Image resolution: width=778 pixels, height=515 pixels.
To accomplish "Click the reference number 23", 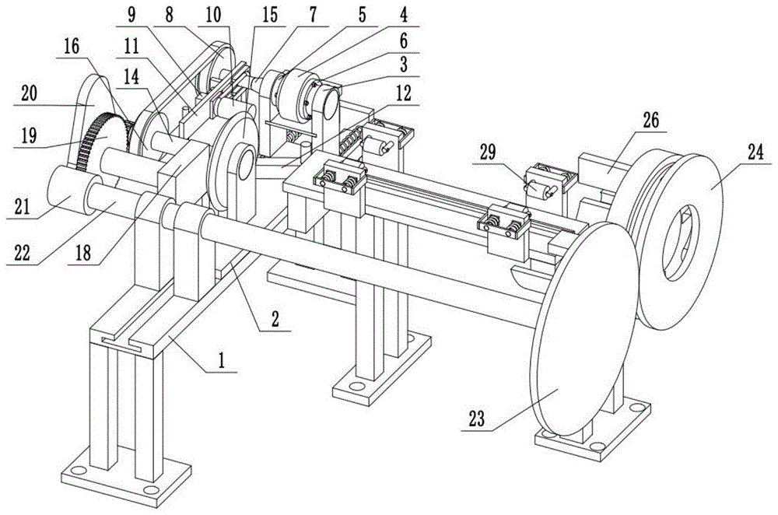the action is click(x=476, y=419).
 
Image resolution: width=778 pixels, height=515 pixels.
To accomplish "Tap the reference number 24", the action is click(x=756, y=152).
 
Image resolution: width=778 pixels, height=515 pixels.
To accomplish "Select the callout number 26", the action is click(x=651, y=120).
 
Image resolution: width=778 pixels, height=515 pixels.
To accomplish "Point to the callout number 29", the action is click(x=488, y=152).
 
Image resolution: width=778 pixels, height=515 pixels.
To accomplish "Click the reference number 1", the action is click(x=222, y=359).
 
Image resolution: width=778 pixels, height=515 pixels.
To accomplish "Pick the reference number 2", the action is click(x=275, y=319).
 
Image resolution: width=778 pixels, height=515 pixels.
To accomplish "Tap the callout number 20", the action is click(x=30, y=93).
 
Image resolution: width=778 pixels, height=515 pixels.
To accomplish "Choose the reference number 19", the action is click(x=29, y=135).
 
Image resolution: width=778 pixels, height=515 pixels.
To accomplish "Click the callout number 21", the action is click(x=22, y=207).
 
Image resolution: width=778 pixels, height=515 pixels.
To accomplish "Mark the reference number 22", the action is click(x=22, y=254).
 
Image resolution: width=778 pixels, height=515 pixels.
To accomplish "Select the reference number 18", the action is click(x=83, y=253).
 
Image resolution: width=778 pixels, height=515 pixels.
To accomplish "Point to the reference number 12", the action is click(x=404, y=93).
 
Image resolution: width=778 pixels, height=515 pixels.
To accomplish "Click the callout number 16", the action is click(x=72, y=47).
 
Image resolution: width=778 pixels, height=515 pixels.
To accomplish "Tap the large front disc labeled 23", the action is click(x=583, y=328).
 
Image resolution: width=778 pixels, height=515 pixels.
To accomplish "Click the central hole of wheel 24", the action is click(x=681, y=243).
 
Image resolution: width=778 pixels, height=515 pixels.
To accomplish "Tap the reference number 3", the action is click(x=403, y=64).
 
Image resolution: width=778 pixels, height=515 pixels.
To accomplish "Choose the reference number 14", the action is click(x=131, y=77).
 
